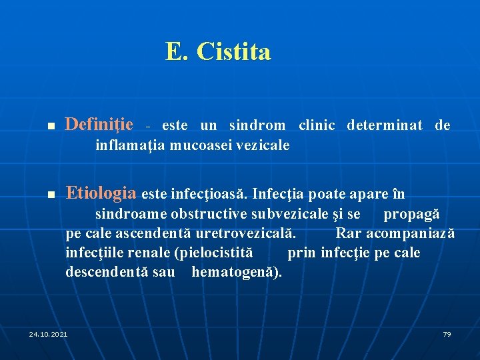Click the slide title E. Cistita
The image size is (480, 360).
[218, 51]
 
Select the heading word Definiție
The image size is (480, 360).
[99, 124]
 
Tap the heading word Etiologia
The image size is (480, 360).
[101, 193]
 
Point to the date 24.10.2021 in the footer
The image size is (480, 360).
[48, 333]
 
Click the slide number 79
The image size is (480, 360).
[447, 333]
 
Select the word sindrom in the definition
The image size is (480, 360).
[257, 125]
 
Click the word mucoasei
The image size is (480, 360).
[197, 145]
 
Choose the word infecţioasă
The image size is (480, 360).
[209, 195]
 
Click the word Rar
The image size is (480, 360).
[348, 233]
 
